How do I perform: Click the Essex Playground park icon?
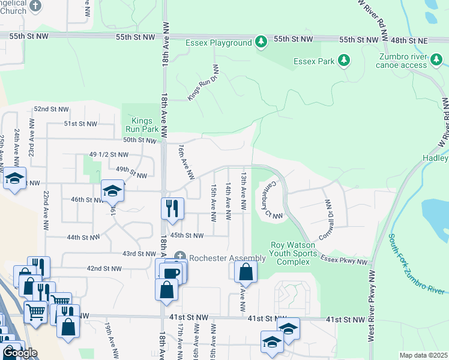(x=261, y=43)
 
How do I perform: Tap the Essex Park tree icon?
(x=344, y=61)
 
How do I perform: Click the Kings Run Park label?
(x=142, y=123)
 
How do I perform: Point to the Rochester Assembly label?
(x=227, y=258)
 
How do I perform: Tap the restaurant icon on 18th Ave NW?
(x=172, y=209)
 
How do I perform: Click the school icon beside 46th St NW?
(x=112, y=191)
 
